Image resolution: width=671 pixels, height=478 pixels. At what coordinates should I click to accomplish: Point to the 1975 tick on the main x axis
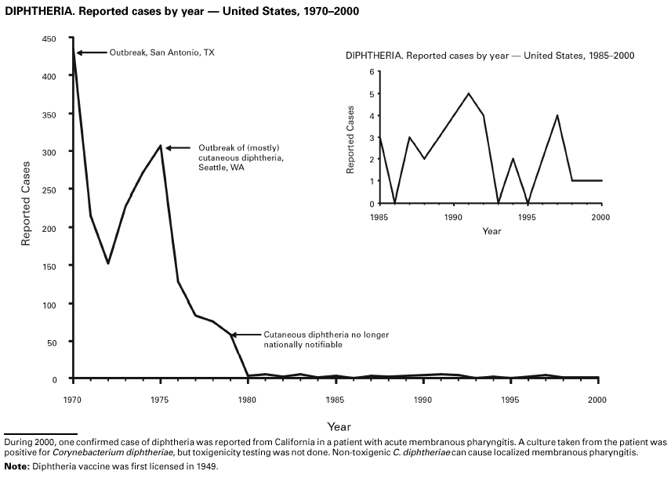[x=160, y=398]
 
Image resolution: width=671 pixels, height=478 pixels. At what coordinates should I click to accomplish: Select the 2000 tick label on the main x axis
[x=598, y=398]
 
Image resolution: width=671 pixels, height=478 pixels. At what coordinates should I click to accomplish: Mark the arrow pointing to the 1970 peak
[x=90, y=53]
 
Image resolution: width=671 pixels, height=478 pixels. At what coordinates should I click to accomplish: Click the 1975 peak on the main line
[x=160, y=146]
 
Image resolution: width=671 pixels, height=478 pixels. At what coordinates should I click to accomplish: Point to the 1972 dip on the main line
[x=107, y=263]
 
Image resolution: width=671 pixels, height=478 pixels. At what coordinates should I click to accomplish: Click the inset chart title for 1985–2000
[x=490, y=56]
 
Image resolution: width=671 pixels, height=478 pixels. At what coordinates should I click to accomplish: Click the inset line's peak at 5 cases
[x=468, y=93]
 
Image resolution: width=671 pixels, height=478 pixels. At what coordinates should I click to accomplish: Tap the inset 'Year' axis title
[x=491, y=231]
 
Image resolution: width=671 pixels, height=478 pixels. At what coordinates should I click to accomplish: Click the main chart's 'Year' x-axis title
[x=339, y=427]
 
